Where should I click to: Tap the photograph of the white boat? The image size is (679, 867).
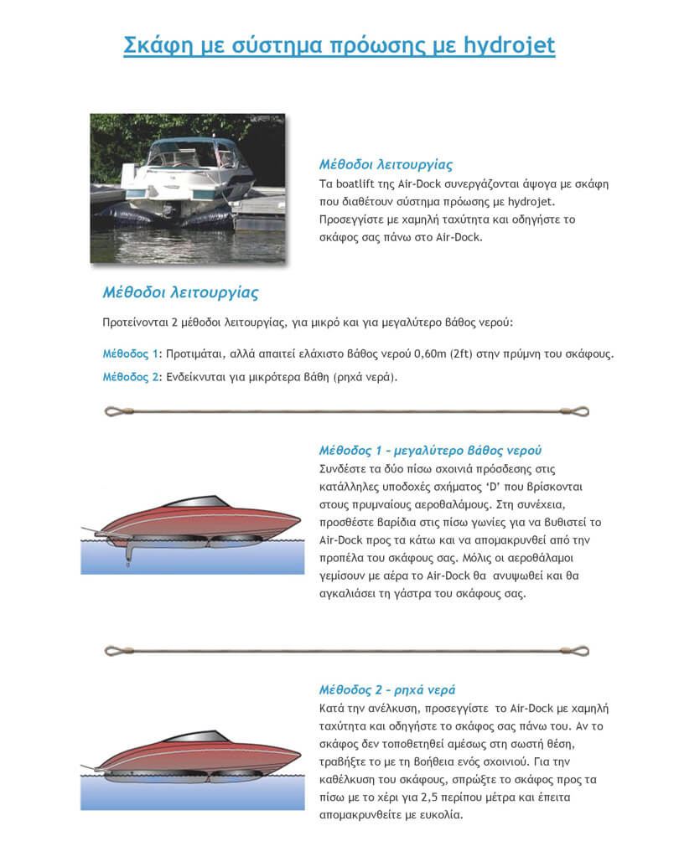pos(187,188)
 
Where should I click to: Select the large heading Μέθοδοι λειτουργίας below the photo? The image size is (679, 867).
pos(179,293)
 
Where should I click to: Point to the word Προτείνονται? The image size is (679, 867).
pos(140,323)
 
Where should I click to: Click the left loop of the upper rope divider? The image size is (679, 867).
pos(113,411)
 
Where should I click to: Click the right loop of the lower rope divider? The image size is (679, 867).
pos(579,651)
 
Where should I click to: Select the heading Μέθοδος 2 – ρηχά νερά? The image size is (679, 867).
pos(386,690)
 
